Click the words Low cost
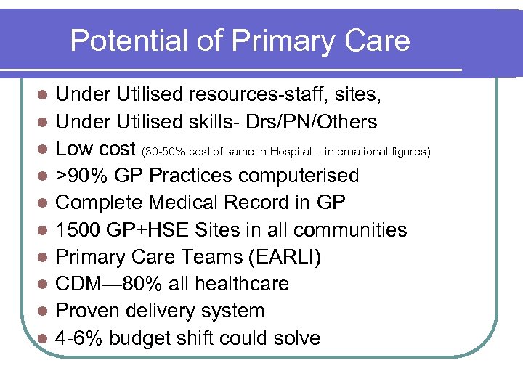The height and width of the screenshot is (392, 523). pos(96,149)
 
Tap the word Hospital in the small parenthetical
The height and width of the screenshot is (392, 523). pos(294,152)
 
